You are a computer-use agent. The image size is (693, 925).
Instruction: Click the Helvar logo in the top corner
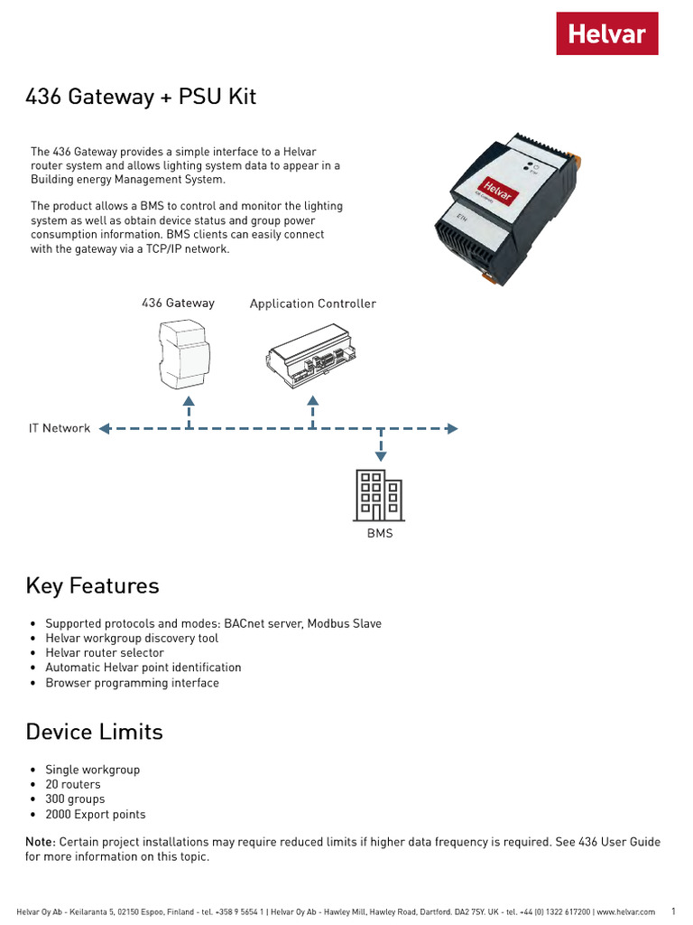(x=606, y=33)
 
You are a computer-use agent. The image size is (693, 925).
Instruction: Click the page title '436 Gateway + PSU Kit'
(x=141, y=97)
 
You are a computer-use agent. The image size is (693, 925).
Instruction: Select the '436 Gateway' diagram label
(x=178, y=303)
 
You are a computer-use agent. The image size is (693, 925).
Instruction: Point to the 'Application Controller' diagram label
(x=312, y=304)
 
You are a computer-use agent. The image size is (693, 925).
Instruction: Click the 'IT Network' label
(x=60, y=428)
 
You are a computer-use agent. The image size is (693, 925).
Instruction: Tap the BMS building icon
(x=380, y=495)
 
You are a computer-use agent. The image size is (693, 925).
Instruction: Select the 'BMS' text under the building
(x=380, y=534)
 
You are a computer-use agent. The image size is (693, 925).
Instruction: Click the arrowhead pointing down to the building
(x=381, y=455)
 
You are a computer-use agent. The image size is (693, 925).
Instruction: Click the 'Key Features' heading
(x=92, y=585)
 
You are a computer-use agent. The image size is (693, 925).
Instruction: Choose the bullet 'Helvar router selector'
(x=105, y=652)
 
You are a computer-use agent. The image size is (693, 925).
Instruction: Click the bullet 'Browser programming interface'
(x=132, y=683)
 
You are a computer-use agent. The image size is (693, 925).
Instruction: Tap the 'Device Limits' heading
(x=95, y=731)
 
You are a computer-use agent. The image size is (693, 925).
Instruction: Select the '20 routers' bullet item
(x=73, y=784)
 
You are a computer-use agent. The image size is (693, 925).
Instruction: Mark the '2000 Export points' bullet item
(x=95, y=814)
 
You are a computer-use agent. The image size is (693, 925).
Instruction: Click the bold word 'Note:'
(x=41, y=842)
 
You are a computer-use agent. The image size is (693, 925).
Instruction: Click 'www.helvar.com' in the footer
(x=625, y=912)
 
